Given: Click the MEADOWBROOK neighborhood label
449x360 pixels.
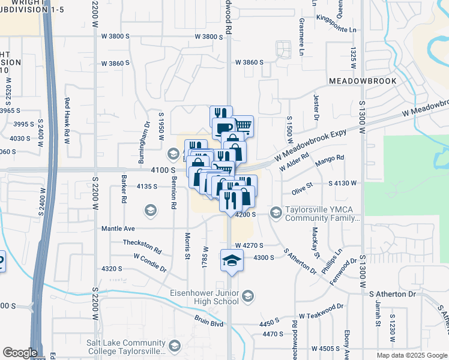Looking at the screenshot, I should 363,80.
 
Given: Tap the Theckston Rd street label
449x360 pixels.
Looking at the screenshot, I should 142,246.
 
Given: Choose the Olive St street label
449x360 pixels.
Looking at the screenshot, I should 303,188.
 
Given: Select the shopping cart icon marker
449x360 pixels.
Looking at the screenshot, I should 243,126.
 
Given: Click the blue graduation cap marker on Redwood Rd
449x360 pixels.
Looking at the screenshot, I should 230,260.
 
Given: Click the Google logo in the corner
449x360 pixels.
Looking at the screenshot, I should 19,353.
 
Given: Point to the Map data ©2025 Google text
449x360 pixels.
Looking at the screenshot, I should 412,355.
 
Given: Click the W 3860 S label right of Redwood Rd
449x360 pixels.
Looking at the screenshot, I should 250,62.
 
